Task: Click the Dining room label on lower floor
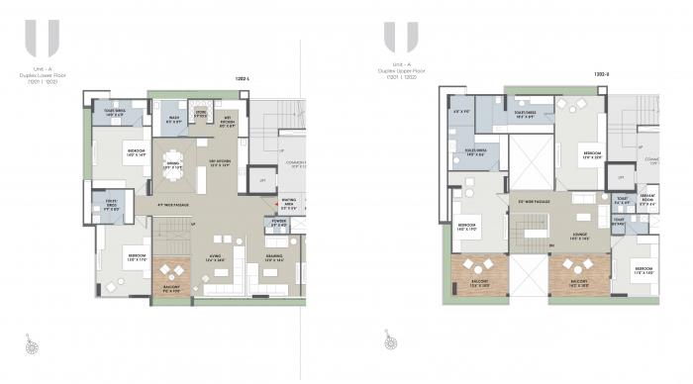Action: (x=173, y=165)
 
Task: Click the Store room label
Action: (x=200, y=114)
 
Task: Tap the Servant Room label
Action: (x=647, y=198)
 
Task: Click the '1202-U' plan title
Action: (x=601, y=73)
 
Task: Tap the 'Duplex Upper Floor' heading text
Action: (x=400, y=72)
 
